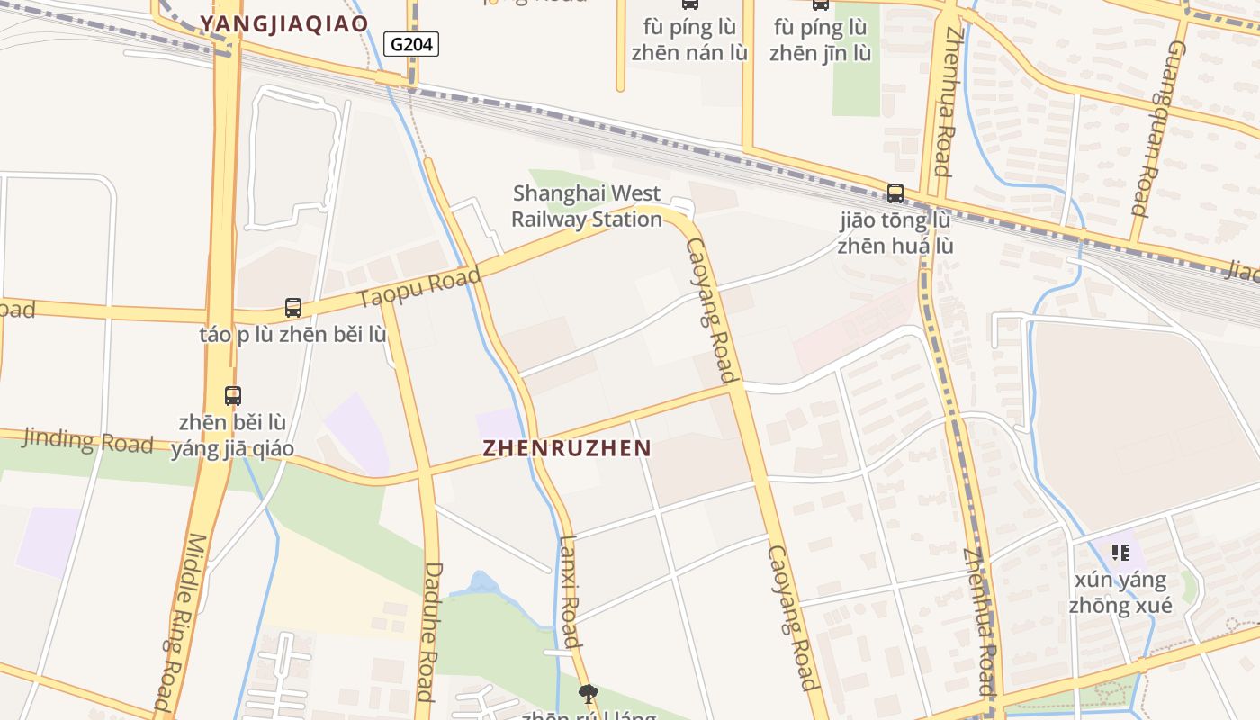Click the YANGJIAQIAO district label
coord(284,23)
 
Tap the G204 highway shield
coord(411,44)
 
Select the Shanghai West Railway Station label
coord(587,206)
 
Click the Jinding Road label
coord(87,440)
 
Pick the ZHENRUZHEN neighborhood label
coord(567,447)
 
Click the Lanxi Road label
coord(570,591)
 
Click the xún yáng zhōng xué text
coord(1120,592)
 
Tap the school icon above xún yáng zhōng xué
coord(1120,552)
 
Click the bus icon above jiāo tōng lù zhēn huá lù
coord(895,193)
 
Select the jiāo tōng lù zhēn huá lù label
coord(895,233)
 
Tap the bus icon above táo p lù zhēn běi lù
coord(293,307)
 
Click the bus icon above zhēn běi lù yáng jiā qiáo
coord(232,395)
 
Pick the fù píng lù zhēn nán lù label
coord(689,40)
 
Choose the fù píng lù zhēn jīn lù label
coord(820,40)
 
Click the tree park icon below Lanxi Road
coord(589,693)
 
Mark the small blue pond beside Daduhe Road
coord(483,584)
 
